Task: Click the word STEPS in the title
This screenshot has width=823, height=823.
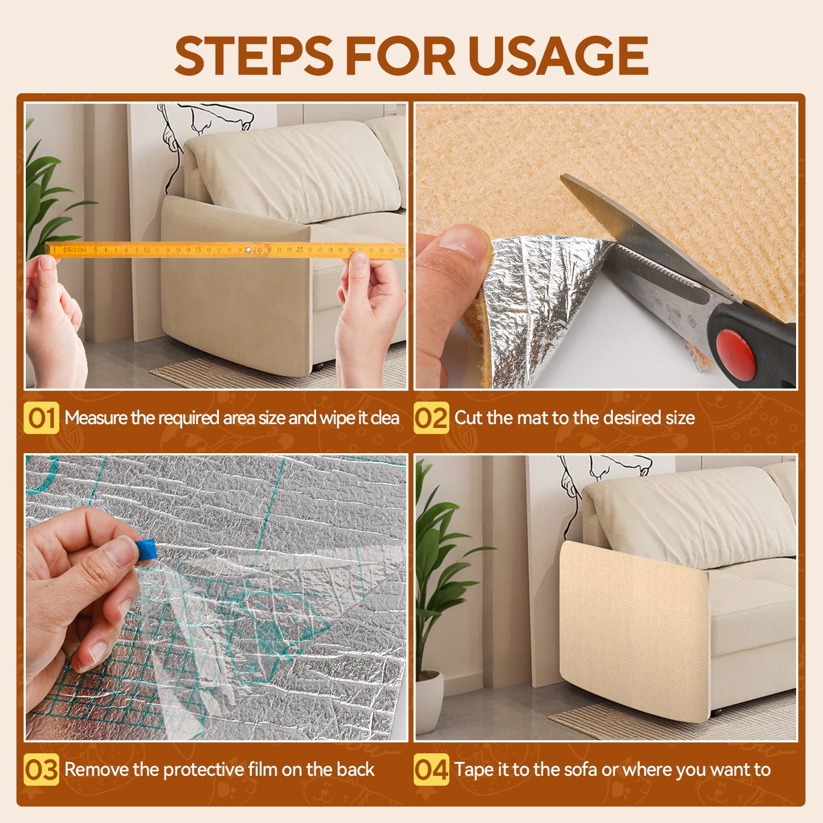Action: click(254, 55)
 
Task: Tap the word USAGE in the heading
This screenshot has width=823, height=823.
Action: click(559, 55)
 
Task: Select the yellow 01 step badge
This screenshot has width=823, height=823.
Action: click(41, 418)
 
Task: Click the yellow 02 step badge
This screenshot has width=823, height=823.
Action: click(431, 418)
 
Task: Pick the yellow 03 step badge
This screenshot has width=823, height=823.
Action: click(41, 769)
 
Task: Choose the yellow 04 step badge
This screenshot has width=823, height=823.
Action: click(431, 769)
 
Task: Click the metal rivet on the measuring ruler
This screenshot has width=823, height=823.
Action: click(248, 250)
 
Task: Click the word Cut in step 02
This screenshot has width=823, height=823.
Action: click(469, 418)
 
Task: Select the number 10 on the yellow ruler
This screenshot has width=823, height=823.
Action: click(146, 250)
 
